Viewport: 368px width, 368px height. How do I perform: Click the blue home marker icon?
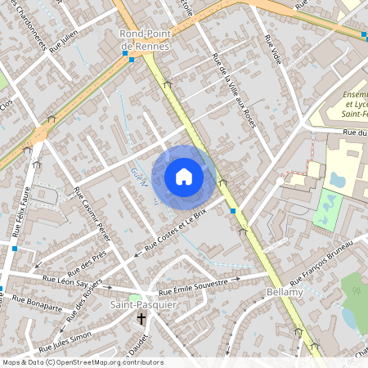(184, 176)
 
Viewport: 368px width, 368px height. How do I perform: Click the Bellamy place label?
(285, 292)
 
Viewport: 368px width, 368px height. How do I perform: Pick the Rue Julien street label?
(63, 42)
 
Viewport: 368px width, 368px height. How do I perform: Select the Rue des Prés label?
(88, 262)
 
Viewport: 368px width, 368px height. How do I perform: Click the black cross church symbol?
(141, 320)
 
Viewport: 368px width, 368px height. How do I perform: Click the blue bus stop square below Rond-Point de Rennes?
(131, 60)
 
